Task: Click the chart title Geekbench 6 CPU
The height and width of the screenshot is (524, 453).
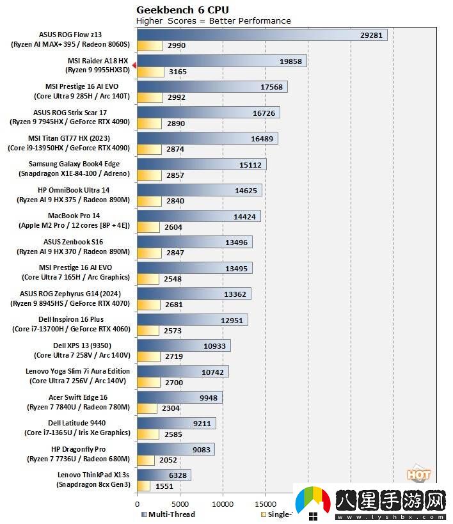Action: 182,10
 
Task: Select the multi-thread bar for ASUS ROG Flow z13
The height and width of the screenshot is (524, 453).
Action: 262,35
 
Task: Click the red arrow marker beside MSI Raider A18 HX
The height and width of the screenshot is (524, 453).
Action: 134,65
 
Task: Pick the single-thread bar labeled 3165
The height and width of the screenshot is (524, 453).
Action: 150,72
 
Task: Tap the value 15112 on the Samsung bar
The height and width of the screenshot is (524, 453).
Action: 251,164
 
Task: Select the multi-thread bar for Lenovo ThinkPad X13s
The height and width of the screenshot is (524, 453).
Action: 164,475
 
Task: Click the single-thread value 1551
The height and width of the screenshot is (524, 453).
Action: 164,486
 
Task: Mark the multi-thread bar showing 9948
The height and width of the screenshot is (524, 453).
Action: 179,397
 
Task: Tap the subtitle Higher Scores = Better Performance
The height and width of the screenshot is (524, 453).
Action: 214,20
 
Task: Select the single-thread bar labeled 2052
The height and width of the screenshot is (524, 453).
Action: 146,460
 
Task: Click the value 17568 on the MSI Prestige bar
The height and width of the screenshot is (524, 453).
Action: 272,87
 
